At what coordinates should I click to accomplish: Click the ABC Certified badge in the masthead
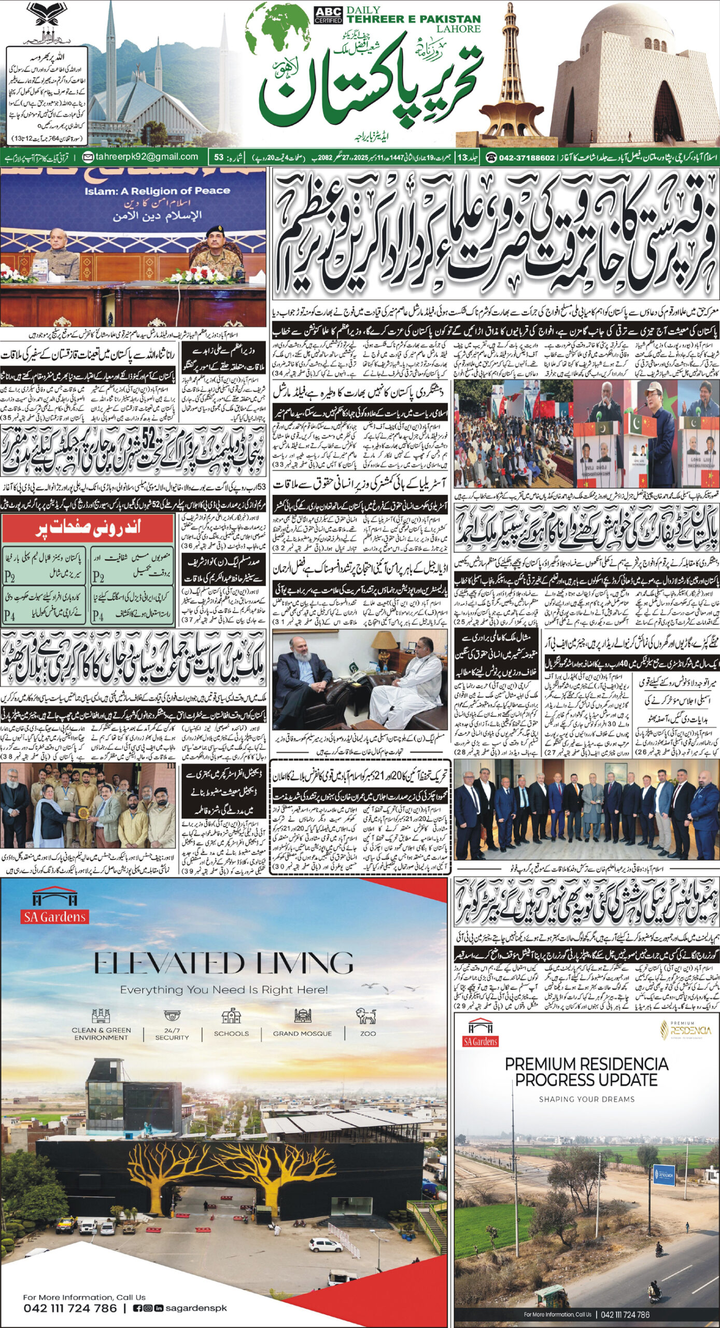click(x=328, y=16)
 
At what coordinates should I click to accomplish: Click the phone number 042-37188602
click(x=527, y=157)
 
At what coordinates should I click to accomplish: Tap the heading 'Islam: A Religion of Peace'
click(x=157, y=190)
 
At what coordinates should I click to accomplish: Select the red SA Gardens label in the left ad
click(x=55, y=917)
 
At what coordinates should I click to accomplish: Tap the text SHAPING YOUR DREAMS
click(x=586, y=1099)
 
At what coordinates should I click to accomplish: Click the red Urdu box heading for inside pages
click(x=87, y=528)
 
